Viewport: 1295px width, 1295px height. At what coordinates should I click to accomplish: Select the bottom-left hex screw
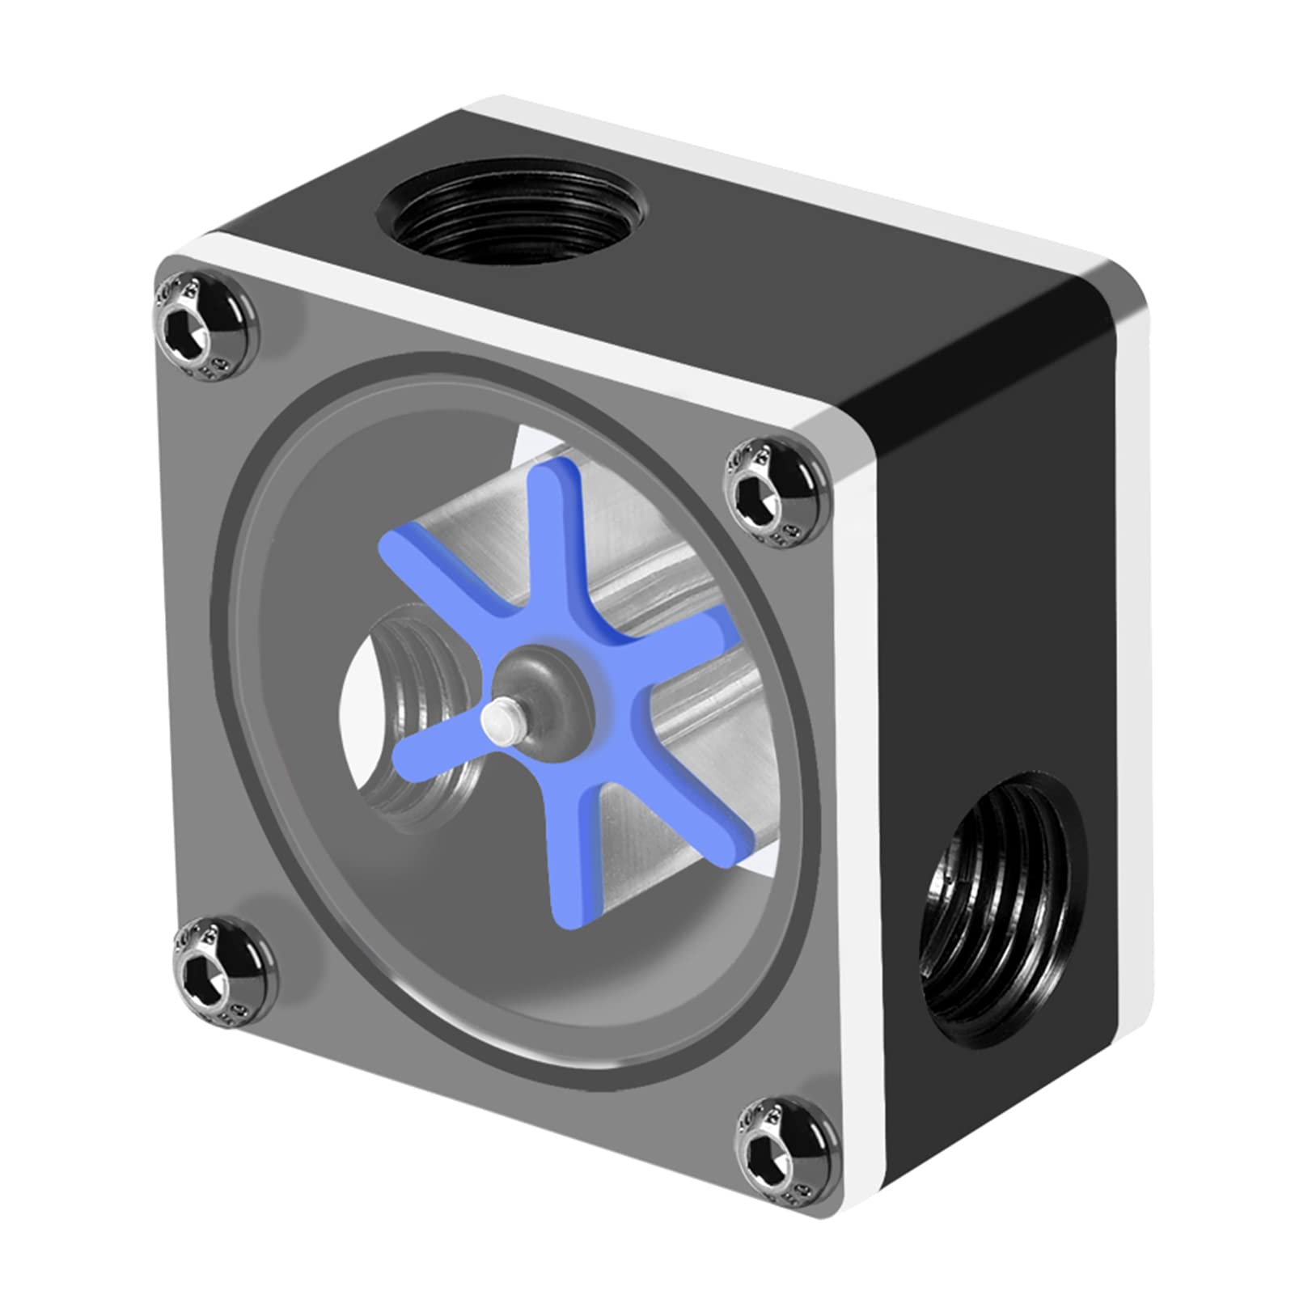[220, 972]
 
